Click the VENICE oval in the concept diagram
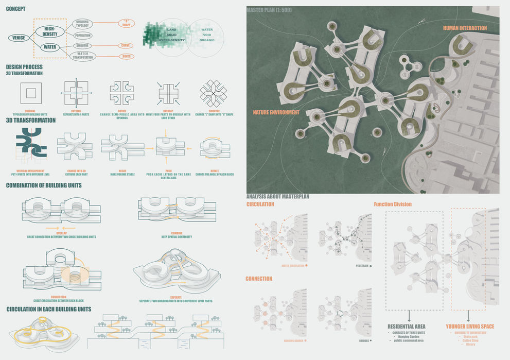click(19, 38)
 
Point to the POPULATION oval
click(83, 36)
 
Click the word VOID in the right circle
click(207, 35)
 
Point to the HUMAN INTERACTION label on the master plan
click(464, 28)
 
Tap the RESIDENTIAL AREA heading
click(406, 326)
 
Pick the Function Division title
click(392, 204)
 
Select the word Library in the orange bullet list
click(470, 344)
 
